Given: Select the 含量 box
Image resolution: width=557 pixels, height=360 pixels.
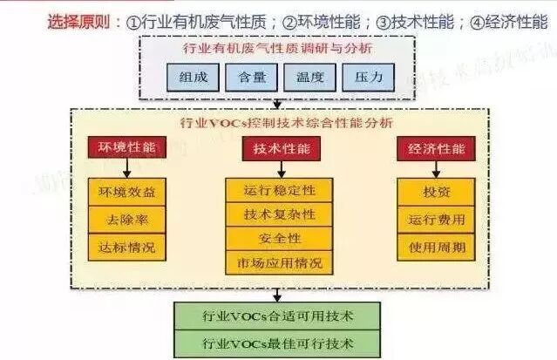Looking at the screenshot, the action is point(247,76).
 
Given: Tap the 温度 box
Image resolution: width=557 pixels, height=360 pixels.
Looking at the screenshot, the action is point(307,76).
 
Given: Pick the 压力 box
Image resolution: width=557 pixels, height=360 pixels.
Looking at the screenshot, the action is point(363,76).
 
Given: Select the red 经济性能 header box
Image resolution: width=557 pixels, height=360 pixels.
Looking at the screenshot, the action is point(436,148).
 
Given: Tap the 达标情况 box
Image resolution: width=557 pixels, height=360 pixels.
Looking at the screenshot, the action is point(124,247).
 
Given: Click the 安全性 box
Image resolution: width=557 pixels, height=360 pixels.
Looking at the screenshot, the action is point(279,238).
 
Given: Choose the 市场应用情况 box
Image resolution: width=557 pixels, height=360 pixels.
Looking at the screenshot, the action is point(279,262).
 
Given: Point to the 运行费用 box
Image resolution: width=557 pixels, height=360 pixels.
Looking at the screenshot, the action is point(436,219).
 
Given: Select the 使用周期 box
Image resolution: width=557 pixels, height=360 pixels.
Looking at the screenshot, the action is point(436,246).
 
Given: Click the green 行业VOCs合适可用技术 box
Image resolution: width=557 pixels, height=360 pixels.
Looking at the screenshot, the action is point(278,313).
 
